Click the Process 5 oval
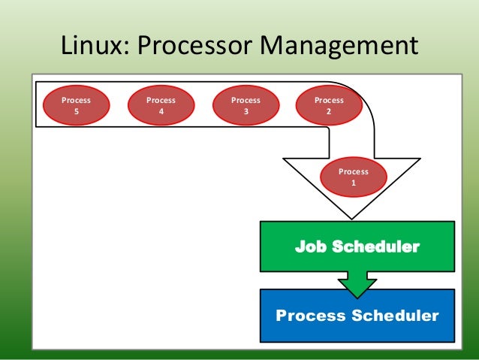coord(76,106)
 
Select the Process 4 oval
coord(161,106)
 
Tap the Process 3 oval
coord(246,106)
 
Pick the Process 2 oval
coord(329,106)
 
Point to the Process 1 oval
coord(353,177)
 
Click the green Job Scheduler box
coord(357,247)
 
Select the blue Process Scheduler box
coord(357,315)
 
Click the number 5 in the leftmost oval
coord(76,112)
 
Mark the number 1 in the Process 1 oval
coord(353,183)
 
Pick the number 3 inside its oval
coord(246,112)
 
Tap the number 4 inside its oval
coord(161,112)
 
